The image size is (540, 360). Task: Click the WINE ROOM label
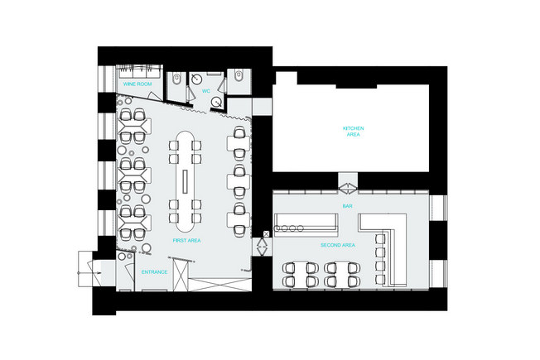137,84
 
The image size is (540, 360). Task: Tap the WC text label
206,91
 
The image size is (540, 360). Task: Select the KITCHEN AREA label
354,131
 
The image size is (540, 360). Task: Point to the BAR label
348,206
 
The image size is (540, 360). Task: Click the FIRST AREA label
186,241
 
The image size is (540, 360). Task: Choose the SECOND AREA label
338,245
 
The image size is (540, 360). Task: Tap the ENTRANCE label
154,272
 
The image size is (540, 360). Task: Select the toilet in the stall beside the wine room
176,79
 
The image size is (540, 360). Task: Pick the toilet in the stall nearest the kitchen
239,75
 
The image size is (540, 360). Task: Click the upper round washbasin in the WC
196,79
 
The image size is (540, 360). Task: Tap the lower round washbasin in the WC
216,102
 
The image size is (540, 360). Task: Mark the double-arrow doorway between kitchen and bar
348,188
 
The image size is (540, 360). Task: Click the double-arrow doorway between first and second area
262,247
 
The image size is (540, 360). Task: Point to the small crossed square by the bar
266,234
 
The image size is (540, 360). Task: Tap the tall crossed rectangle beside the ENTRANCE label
181,276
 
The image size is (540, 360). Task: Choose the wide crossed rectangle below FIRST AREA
220,285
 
